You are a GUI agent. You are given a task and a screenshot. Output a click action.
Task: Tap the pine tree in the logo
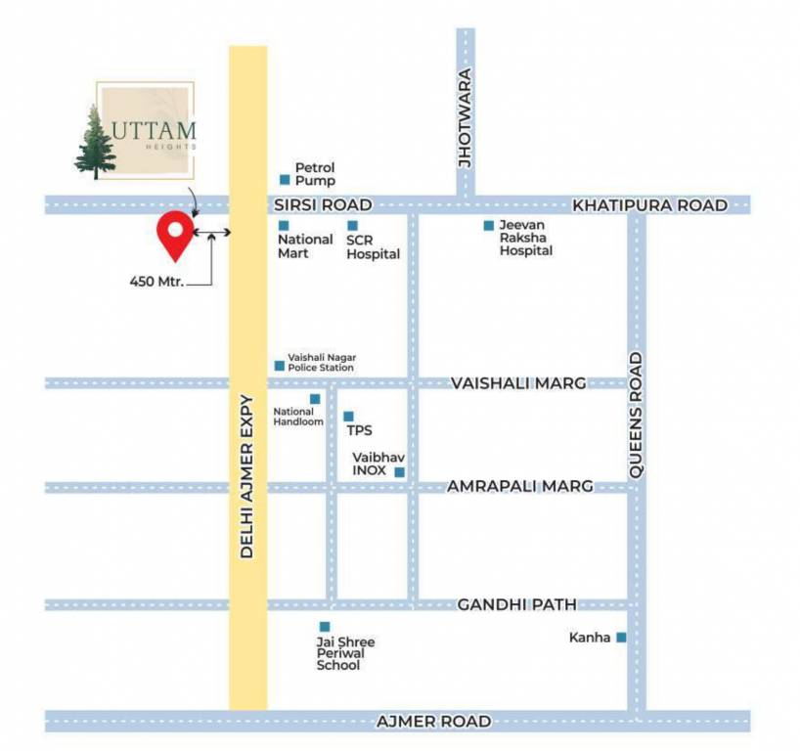pos(95,144)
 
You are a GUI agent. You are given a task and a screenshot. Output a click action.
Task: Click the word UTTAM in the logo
pos(157,129)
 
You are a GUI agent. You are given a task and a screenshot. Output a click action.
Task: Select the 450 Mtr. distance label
pos(157,282)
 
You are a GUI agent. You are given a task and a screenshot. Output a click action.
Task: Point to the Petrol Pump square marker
pos(285,180)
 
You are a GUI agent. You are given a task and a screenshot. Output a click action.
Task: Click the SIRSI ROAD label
pos(323,205)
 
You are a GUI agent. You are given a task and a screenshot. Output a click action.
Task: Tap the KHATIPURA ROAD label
pos(649,205)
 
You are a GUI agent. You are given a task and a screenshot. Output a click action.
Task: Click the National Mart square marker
pos(284,226)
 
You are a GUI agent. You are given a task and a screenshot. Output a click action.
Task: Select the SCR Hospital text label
pos(373,246)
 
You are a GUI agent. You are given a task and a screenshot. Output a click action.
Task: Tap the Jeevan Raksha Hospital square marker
pos(488,226)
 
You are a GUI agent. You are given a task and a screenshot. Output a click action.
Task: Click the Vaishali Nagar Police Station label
pos(321,363)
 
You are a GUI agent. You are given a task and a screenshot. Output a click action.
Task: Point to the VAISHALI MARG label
pos(518,383)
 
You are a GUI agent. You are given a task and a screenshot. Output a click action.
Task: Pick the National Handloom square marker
pos(315,399)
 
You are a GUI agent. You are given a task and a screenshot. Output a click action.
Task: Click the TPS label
pos(359,430)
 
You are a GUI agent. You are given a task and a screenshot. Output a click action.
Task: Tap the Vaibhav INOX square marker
pos(399,472)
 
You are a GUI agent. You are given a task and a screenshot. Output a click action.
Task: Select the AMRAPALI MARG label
pos(519,486)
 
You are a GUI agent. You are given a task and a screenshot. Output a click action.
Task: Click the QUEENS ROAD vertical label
pos(636,415)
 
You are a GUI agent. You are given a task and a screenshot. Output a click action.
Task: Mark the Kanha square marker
pos(620,638)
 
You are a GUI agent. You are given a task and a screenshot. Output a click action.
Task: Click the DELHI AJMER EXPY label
pos(246,476)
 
